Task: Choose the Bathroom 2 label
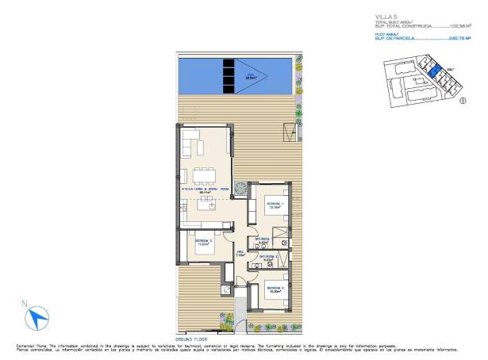268,257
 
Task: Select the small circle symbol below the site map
463,101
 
